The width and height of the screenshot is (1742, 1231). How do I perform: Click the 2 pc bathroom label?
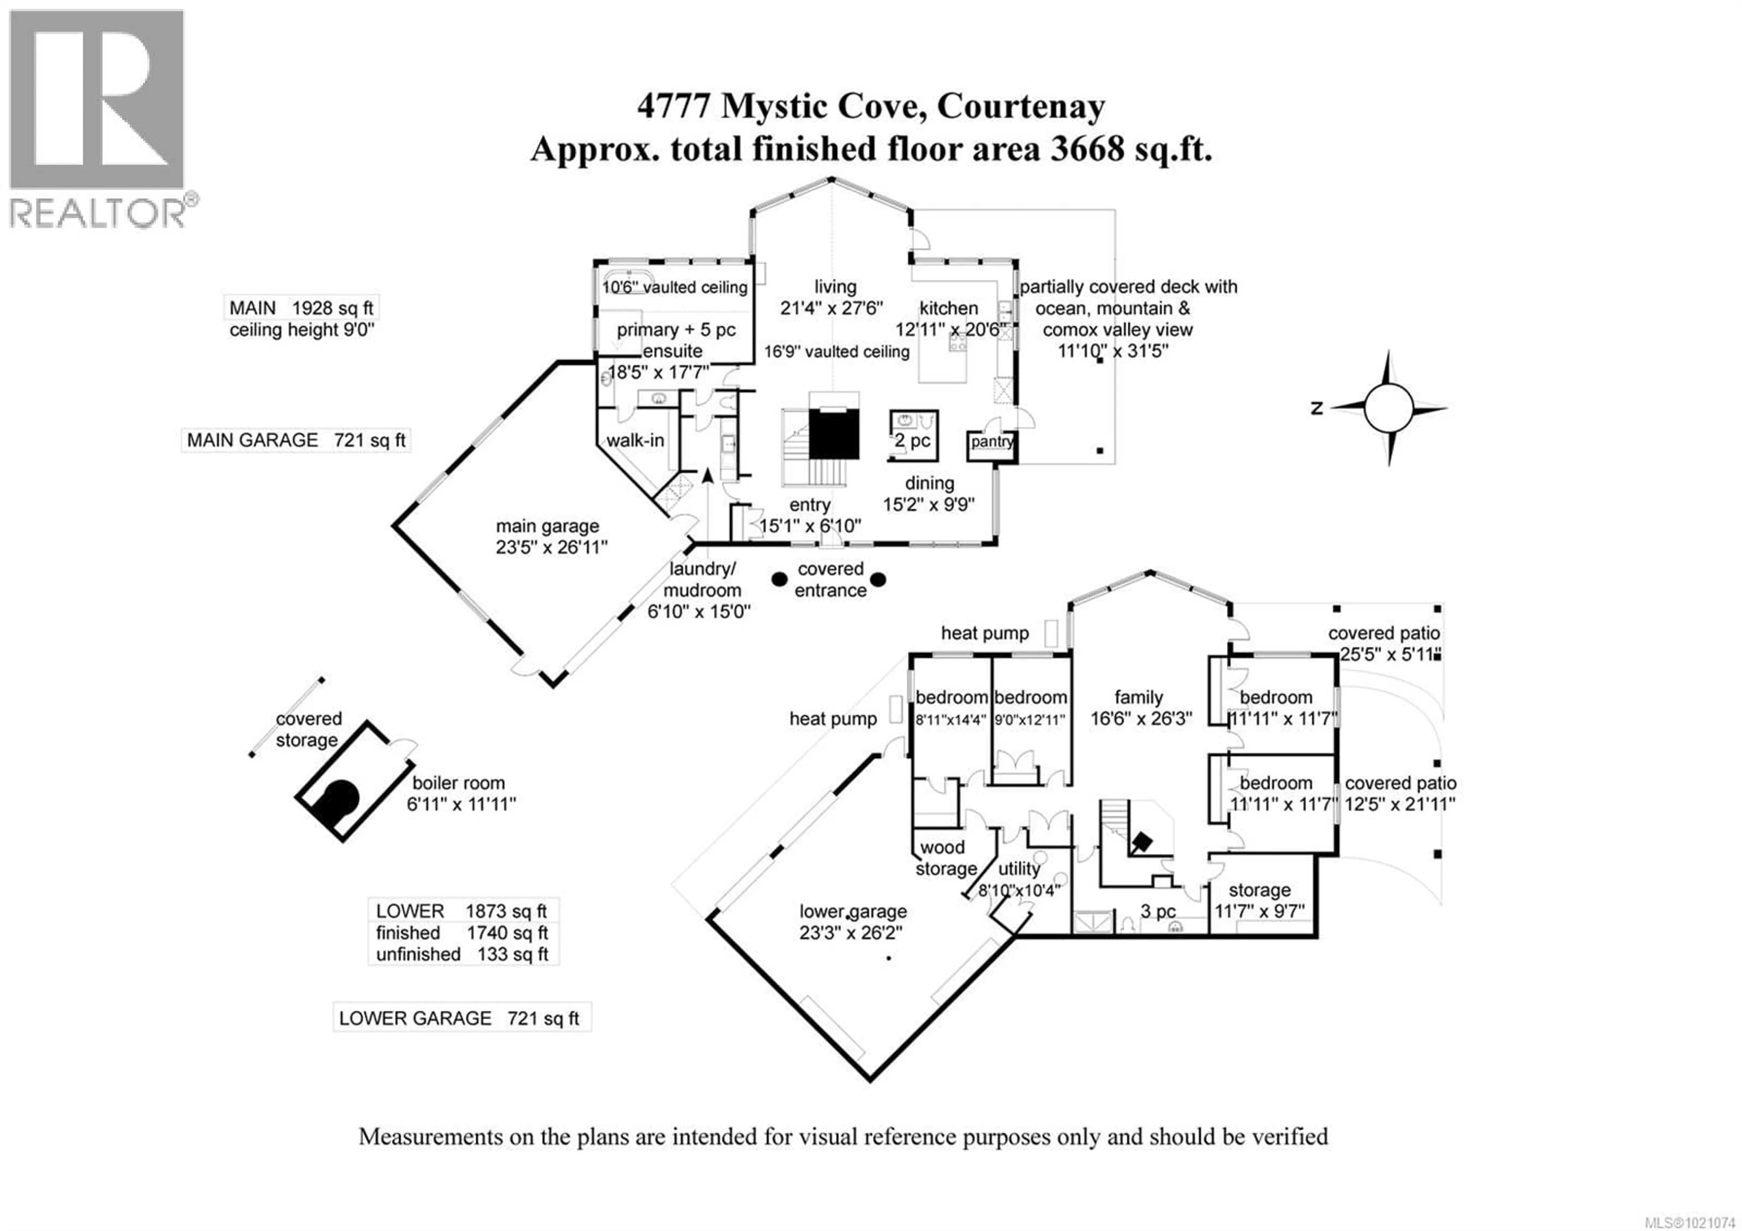click(913, 441)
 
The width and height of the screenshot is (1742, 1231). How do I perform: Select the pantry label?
click(990, 442)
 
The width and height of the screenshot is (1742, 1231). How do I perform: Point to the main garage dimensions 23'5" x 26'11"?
click(552, 548)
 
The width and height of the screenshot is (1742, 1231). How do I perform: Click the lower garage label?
click(853, 911)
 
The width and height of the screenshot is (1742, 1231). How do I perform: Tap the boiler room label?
click(458, 783)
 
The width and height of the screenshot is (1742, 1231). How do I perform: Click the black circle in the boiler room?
click(341, 798)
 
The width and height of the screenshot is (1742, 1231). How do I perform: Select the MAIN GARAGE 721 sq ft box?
click(296, 440)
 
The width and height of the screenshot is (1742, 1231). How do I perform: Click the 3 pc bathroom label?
click(1158, 911)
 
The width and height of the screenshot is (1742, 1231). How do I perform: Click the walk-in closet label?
click(635, 440)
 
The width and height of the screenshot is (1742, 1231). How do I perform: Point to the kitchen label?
click(949, 308)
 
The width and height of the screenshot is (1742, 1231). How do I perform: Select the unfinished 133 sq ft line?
click(461, 954)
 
